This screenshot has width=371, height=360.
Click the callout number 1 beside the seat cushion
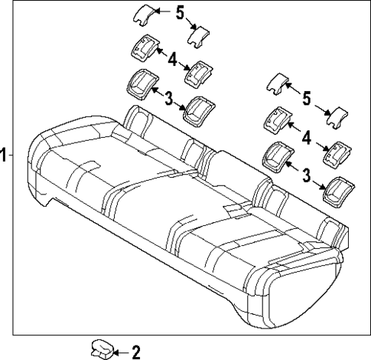tap(4, 155)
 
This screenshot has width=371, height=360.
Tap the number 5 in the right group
tap(307, 97)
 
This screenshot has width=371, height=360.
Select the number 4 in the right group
tap(306, 138)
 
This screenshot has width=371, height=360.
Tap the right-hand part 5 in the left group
tap(200, 33)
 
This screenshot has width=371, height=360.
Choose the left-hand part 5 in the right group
tap(277, 82)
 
